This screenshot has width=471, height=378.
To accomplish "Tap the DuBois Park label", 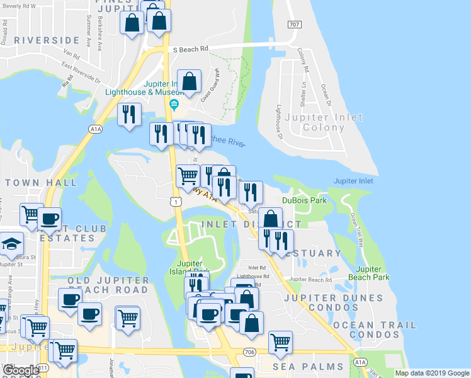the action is [x=304, y=200].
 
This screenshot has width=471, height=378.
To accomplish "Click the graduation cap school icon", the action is [x=10, y=244].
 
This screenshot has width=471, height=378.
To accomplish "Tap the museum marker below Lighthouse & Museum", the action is [x=174, y=105].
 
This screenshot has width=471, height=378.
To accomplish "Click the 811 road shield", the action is [x=43, y=367].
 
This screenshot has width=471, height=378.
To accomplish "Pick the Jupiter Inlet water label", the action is [x=353, y=181].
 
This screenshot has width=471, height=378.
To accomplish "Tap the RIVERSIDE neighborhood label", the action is [x=47, y=40].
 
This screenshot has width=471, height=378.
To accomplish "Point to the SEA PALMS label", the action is [x=308, y=367].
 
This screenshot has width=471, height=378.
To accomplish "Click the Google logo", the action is [x=21, y=370].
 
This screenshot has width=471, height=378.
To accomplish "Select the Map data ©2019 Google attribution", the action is [x=432, y=373].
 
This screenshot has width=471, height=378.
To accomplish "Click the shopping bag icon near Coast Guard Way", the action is [x=189, y=81].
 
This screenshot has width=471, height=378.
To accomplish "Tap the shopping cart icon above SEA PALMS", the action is [x=280, y=342].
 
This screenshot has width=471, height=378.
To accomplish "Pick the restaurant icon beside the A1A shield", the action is [x=128, y=115].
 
